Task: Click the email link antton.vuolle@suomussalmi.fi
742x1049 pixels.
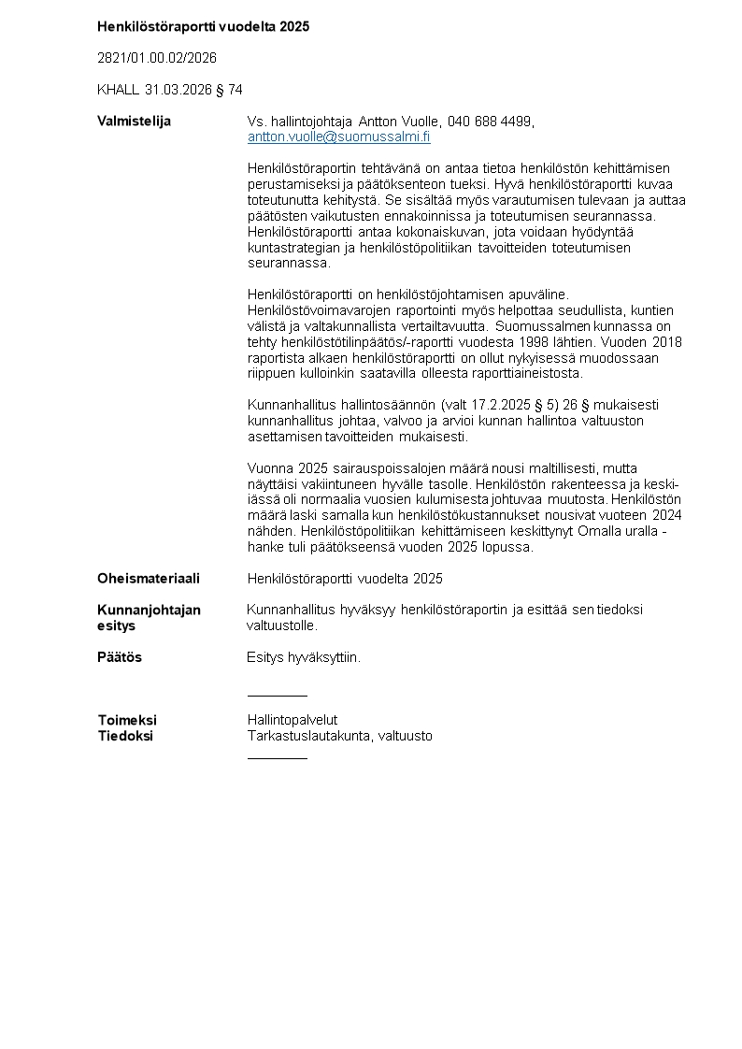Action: [338, 137]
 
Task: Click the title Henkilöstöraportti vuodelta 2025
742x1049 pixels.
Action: [203, 26]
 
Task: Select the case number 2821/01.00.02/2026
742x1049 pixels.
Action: [157, 58]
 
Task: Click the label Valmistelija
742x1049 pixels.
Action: [134, 122]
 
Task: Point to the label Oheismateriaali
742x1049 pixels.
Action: [148, 579]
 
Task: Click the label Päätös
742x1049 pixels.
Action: [120, 657]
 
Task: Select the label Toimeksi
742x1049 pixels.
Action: [127, 720]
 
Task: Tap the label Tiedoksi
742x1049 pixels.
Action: [125, 736]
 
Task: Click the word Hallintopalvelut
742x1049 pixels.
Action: [292, 720]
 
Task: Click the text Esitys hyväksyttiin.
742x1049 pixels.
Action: [304, 657]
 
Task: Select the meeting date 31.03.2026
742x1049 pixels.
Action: [177, 90]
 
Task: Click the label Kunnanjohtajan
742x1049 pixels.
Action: [149, 611]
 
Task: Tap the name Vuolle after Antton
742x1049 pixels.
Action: [420, 122]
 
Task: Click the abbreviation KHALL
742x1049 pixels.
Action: [118, 90]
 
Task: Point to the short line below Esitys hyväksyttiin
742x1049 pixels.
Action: [277, 696]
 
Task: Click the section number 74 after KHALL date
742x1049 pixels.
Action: [235, 90]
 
